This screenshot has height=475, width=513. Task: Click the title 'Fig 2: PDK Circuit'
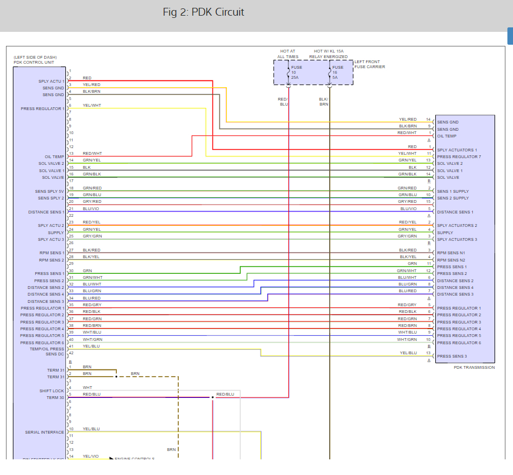tap(203, 12)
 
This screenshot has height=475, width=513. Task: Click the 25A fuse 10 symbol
tap(288, 73)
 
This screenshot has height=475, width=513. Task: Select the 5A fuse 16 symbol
tap(330, 73)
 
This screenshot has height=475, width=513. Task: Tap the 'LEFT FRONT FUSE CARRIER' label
tap(369, 64)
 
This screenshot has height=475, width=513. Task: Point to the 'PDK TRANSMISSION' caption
tap(474, 367)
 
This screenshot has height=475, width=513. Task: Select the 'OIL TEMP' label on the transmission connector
tap(446, 136)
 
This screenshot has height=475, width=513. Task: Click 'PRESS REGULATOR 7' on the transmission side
tap(459, 156)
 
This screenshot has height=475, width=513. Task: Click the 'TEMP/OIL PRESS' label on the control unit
tap(47, 349)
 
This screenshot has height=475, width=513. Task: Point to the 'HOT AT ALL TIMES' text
tap(288, 54)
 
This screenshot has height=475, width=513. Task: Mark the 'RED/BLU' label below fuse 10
tap(283, 102)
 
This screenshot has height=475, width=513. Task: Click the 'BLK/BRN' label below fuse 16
tap(324, 102)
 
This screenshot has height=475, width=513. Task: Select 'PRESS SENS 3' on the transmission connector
tap(452, 356)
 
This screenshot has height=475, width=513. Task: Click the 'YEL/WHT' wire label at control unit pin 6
tap(92, 105)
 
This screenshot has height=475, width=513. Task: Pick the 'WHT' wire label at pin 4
tap(87, 387)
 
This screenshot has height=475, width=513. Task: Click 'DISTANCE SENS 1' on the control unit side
tap(46, 212)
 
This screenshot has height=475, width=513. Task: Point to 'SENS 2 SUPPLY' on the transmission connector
tap(453, 198)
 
